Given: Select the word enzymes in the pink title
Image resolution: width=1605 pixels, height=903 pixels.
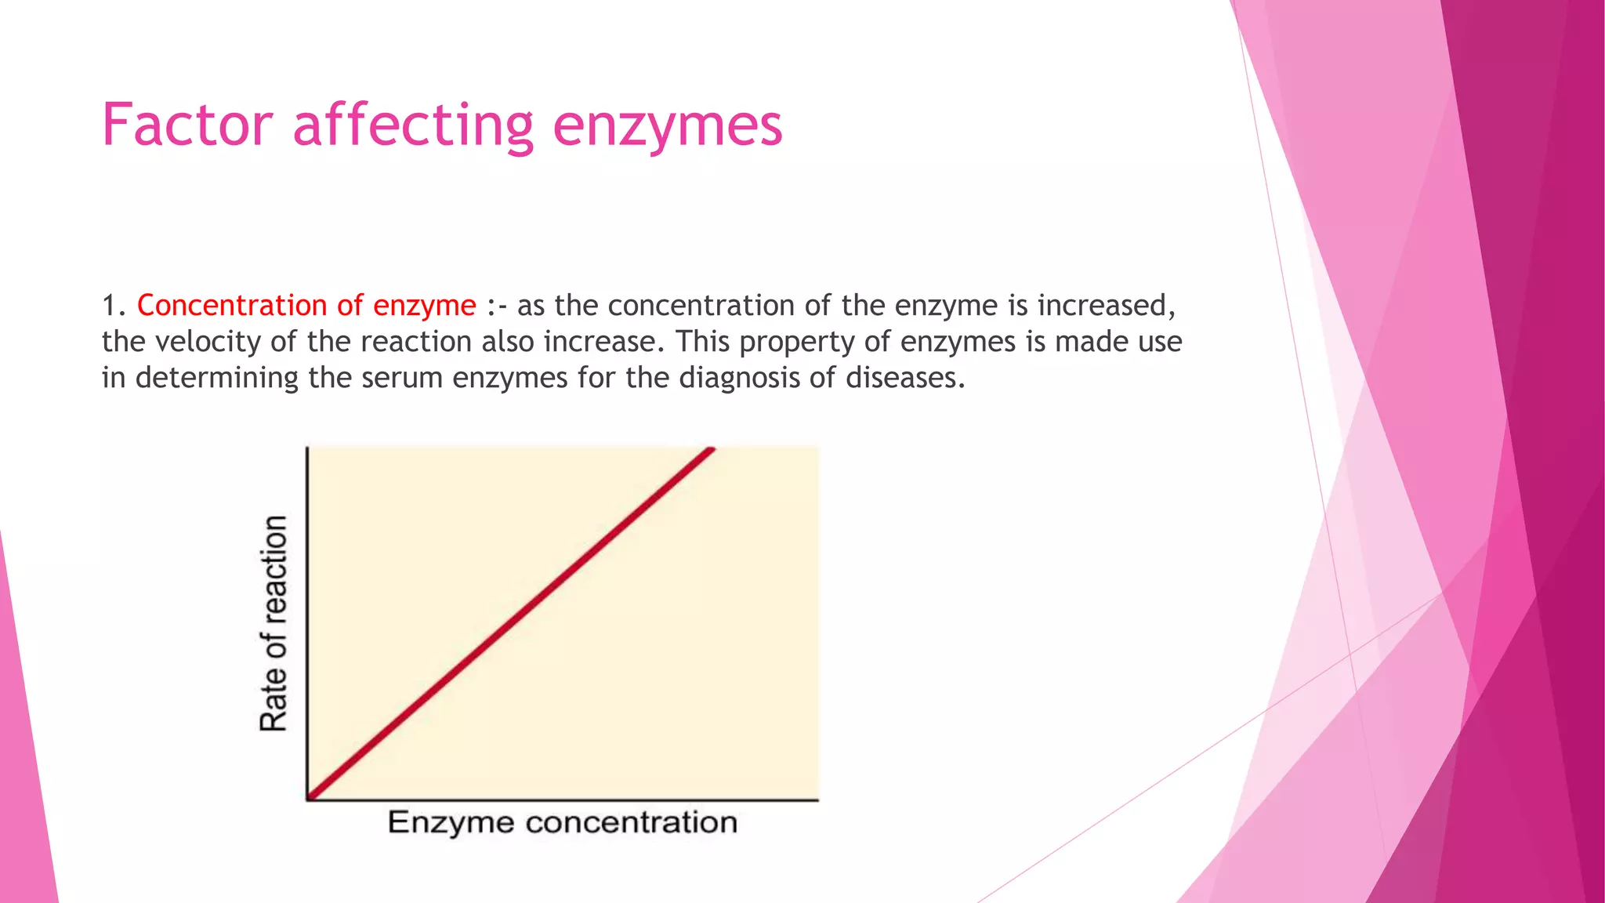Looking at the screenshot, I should [x=667, y=125].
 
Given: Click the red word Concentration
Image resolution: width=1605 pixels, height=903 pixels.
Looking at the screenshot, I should [x=231, y=306].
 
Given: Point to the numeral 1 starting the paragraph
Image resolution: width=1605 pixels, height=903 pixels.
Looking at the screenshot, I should [x=109, y=306].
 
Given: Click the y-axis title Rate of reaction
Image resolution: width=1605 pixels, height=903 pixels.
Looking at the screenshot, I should [x=274, y=623].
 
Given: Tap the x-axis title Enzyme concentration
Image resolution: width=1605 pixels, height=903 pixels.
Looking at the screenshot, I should [x=562, y=822].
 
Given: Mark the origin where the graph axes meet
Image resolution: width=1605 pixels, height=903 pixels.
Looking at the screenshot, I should [x=307, y=800].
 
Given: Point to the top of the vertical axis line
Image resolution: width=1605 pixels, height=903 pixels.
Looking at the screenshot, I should [x=307, y=449].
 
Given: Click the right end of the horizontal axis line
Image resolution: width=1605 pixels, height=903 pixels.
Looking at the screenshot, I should [x=817, y=800].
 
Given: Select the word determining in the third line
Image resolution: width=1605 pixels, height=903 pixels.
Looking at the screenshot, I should [x=216, y=378].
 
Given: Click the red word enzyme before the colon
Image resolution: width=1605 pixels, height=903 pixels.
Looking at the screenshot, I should [x=424, y=306].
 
